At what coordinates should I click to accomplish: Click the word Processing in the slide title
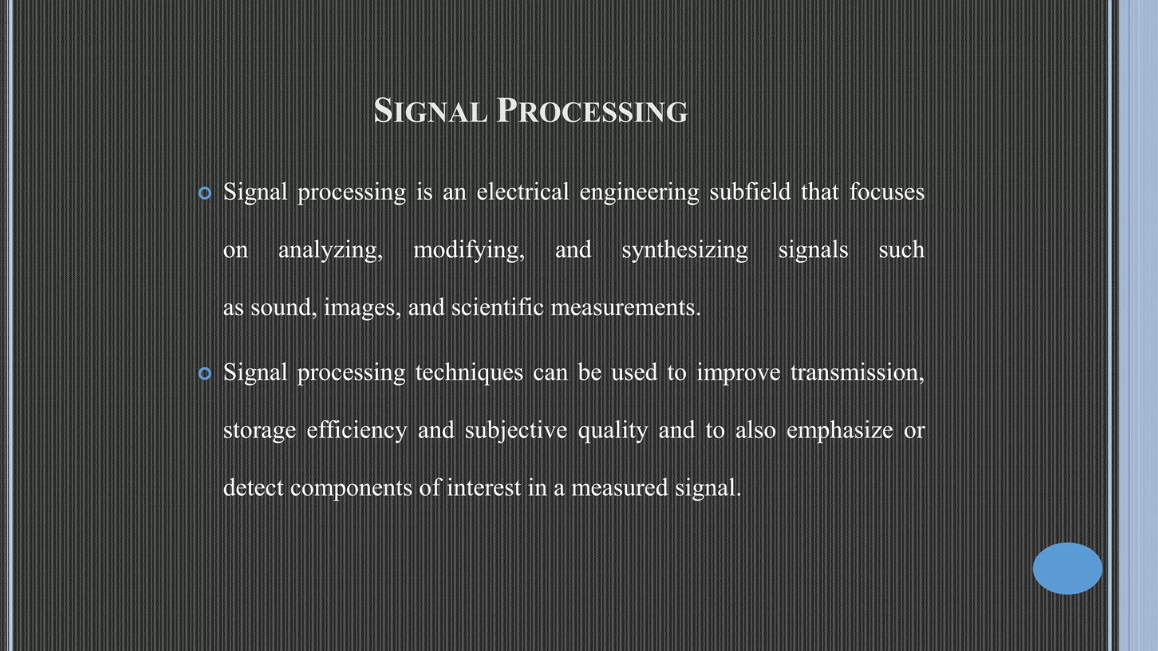click(x=592, y=111)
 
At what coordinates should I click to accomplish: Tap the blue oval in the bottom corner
click(x=1067, y=568)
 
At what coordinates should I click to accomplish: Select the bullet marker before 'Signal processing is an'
click(x=205, y=194)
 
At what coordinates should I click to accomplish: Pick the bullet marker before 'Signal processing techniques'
click(x=205, y=374)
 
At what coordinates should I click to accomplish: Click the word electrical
click(x=522, y=192)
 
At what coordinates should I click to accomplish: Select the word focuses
click(x=887, y=192)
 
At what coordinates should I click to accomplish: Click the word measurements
click(x=625, y=308)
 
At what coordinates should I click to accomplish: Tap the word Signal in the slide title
click(x=430, y=111)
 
